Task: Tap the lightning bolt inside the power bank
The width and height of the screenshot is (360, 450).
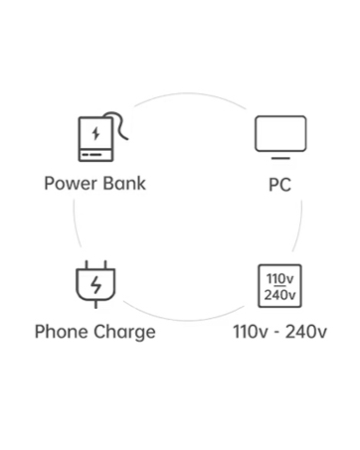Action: click(x=95, y=133)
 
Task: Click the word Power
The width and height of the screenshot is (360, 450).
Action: click(x=71, y=184)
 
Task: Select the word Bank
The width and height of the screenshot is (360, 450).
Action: click(x=124, y=183)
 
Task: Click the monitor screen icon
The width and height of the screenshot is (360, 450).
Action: click(x=280, y=134)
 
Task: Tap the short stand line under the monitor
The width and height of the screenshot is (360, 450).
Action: click(x=280, y=158)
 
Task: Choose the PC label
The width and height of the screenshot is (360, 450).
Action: click(x=280, y=185)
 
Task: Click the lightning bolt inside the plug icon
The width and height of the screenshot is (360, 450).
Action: click(x=96, y=285)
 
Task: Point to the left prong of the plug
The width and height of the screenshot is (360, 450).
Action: click(x=87, y=265)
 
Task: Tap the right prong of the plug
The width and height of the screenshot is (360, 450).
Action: click(x=105, y=265)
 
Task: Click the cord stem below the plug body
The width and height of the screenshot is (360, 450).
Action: click(x=96, y=304)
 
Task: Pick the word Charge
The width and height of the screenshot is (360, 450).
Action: click(x=124, y=333)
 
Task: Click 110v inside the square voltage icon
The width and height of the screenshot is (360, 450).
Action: click(x=280, y=279)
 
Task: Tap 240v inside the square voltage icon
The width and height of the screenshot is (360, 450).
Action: click(x=280, y=294)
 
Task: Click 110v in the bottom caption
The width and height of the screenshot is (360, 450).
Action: click(x=250, y=332)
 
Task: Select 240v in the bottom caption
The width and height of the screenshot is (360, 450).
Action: click(x=306, y=332)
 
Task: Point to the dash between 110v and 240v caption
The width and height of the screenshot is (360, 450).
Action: click(x=276, y=333)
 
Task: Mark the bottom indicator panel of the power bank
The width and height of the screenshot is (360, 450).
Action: click(x=96, y=155)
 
